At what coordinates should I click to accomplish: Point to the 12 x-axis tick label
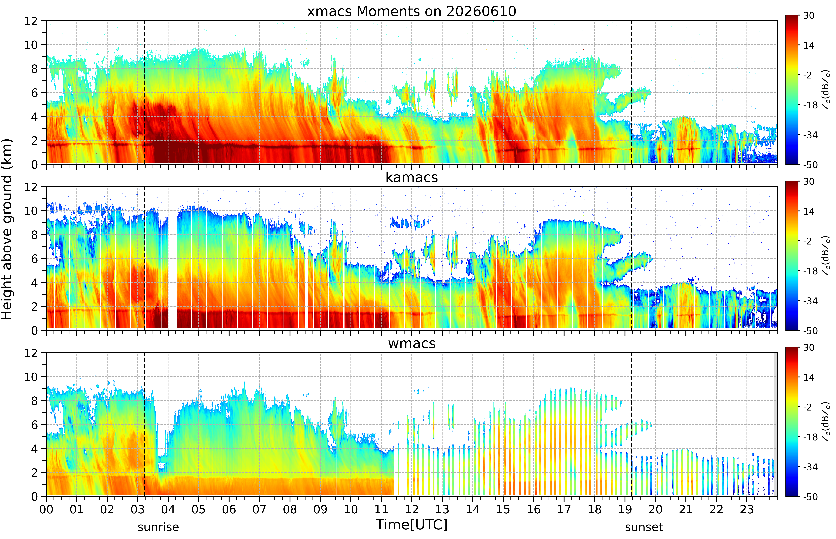coord(412,509)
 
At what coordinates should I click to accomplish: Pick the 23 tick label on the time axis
coord(747,509)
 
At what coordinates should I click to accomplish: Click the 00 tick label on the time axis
coord(46,509)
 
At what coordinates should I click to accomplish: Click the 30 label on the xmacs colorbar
coord(809,16)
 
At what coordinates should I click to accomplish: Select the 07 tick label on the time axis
coord(260,509)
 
